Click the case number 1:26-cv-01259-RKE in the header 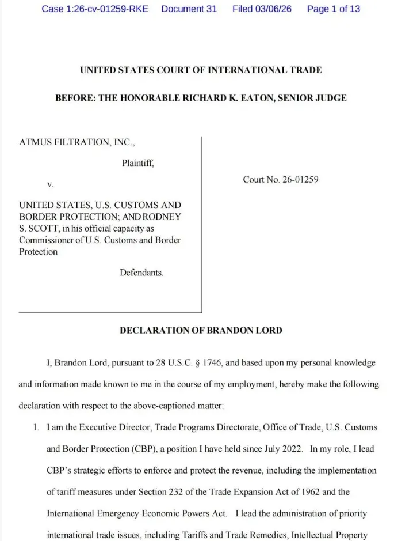pyautogui.click(x=94, y=9)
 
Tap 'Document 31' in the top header pyautogui.click(x=189, y=9)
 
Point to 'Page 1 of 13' pyautogui.click(x=333, y=9)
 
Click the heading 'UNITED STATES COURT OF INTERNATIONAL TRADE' pyautogui.click(x=201, y=70)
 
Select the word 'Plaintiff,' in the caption pyautogui.click(x=138, y=163)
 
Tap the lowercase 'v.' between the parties pyautogui.click(x=50, y=185)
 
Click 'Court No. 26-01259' pyautogui.click(x=281, y=180)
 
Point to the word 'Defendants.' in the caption pyautogui.click(x=141, y=273)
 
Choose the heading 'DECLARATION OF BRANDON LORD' pyautogui.click(x=201, y=330)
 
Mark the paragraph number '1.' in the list pyautogui.click(x=36, y=427)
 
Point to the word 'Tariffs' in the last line pyautogui.click(x=214, y=535)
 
